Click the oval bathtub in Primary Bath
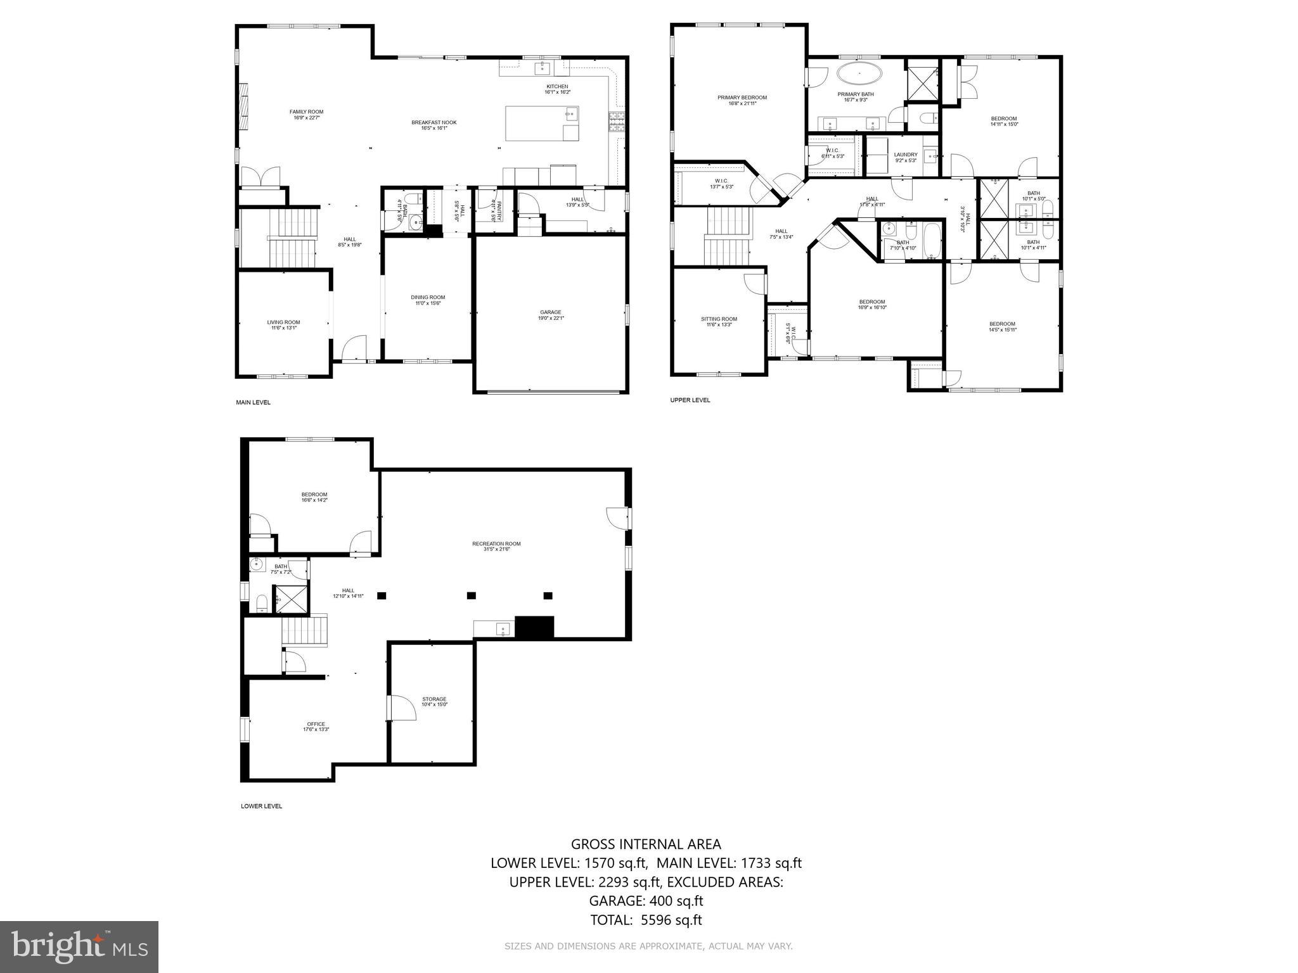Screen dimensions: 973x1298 tap(859, 73)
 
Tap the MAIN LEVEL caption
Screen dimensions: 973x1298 tap(253, 402)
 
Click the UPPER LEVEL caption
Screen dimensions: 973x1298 tap(690, 400)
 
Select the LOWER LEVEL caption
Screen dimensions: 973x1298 tap(261, 806)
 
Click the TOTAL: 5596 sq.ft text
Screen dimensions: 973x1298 tap(645, 920)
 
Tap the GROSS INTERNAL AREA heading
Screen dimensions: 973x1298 tap(645, 844)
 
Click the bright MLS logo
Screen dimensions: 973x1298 tap(79, 946)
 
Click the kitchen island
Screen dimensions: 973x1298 tap(541, 124)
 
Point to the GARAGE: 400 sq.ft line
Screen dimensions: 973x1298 tap(645, 901)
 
